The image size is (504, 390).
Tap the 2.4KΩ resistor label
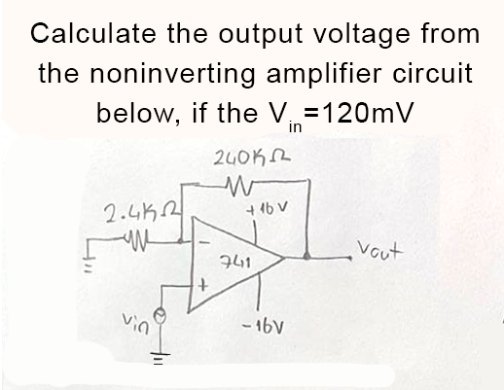[134, 209]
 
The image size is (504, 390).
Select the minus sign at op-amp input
[203, 233]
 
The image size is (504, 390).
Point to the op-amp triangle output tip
[283, 260]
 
